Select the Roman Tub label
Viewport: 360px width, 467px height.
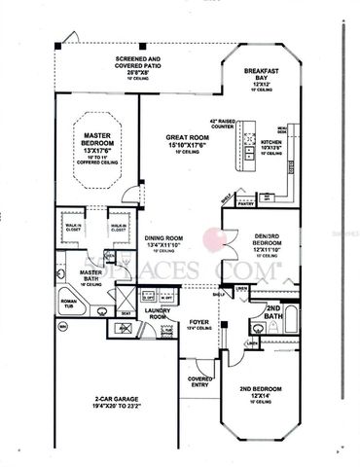click(x=69, y=305)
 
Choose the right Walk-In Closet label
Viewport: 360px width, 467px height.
click(x=120, y=226)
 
